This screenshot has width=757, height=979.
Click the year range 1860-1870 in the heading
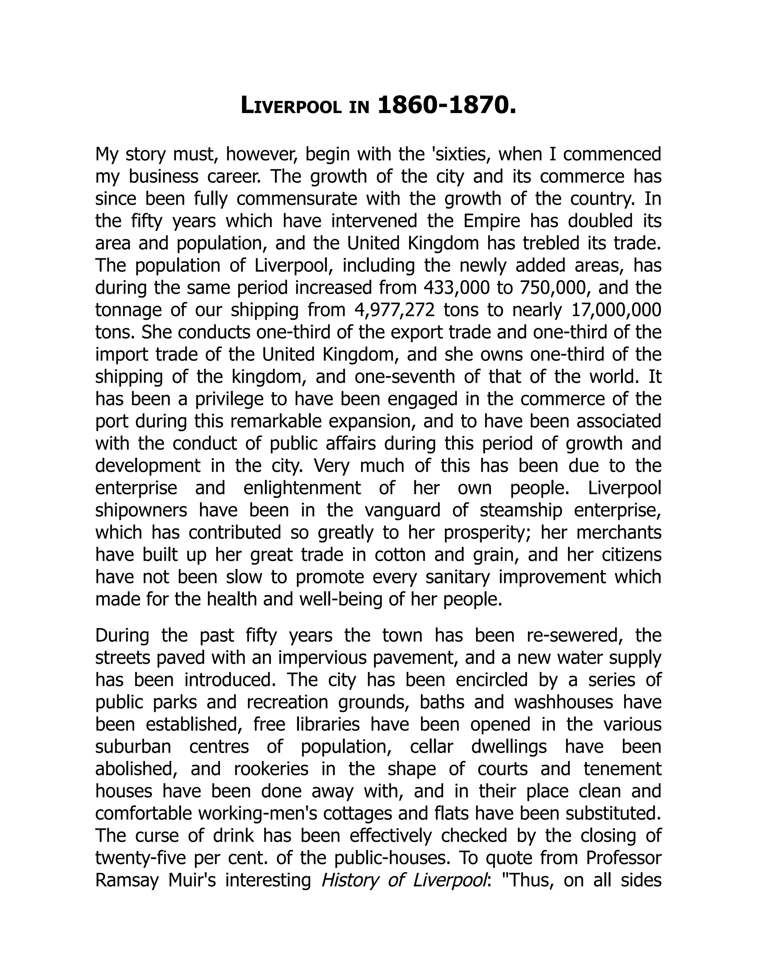coord(447,106)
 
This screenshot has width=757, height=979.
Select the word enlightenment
coord(302,488)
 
